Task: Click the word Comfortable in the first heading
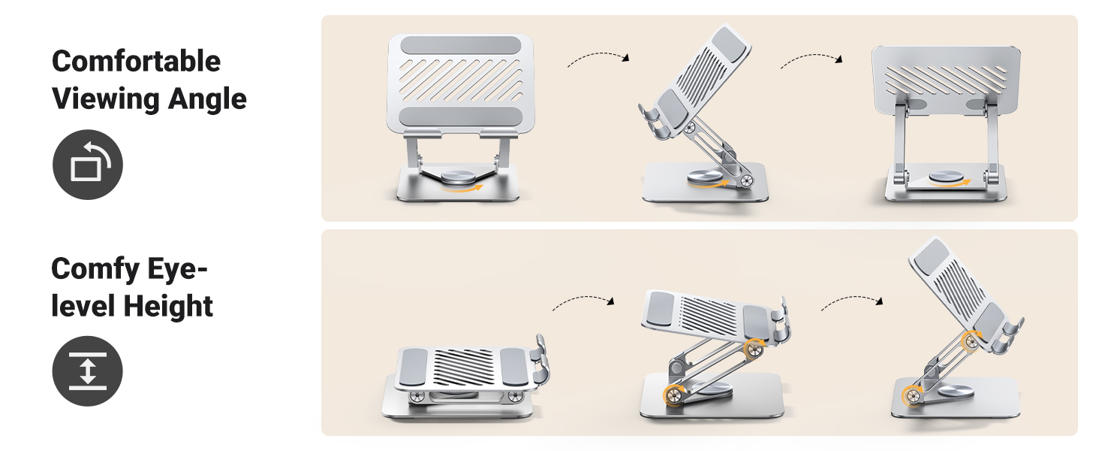click(136, 61)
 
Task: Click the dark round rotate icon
click(88, 165)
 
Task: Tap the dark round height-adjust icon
click(88, 371)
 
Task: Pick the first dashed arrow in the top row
click(598, 58)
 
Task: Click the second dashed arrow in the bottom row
click(851, 301)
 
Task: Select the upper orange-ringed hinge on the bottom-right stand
click(971, 341)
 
